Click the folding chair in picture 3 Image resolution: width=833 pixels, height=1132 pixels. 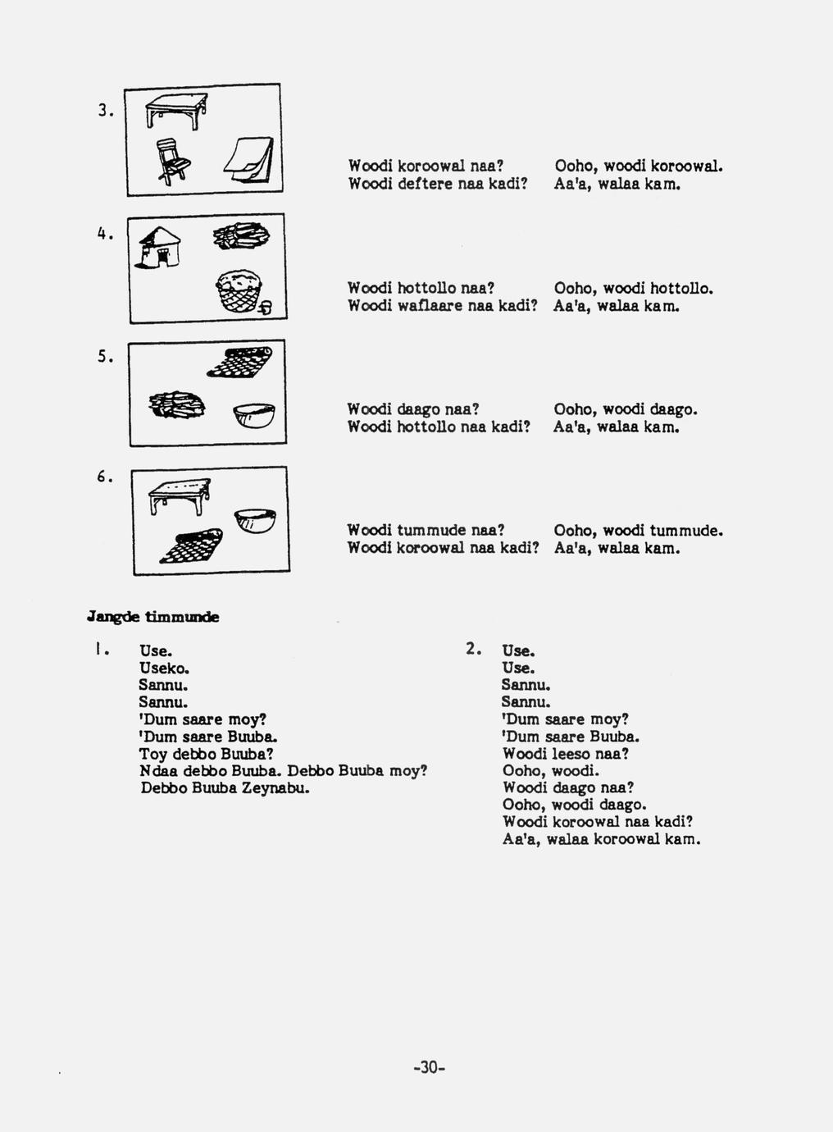tap(173, 160)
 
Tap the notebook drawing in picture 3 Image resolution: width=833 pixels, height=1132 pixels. tap(249, 158)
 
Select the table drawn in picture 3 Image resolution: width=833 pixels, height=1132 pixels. tap(175, 109)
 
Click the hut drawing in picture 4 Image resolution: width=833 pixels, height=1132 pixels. tap(161, 246)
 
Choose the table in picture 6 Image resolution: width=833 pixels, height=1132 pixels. tap(180, 495)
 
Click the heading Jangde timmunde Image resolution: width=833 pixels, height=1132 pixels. tap(152, 617)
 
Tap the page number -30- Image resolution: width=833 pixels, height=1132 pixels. tap(429, 1067)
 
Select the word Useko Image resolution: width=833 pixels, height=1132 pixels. tap(165, 668)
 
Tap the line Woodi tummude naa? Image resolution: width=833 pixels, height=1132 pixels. tap(425, 531)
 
